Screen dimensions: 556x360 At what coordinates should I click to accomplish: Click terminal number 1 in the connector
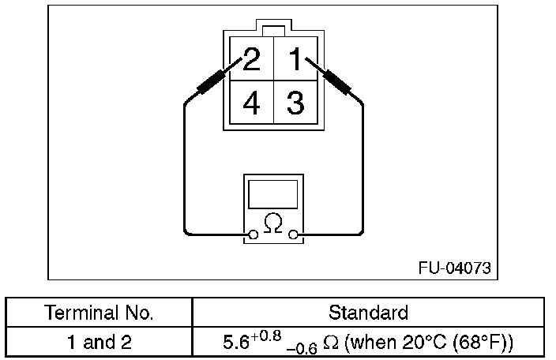click(x=294, y=60)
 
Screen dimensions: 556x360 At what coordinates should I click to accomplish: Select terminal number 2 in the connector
click(x=251, y=60)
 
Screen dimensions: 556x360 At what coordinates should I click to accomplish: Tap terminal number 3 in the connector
click(x=295, y=103)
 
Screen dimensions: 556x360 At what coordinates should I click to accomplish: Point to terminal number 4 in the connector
click(x=251, y=103)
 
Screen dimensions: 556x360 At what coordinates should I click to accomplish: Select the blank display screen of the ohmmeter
click(x=273, y=194)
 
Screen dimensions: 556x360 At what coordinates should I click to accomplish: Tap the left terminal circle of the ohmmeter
click(x=254, y=234)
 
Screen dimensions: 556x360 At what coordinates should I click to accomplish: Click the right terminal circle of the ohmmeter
click(x=294, y=234)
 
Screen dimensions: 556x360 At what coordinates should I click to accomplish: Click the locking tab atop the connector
click(x=273, y=30)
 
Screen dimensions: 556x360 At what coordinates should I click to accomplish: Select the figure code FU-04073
click(x=454, y=268)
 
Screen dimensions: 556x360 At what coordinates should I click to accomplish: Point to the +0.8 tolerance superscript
click(x=265, y=337)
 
